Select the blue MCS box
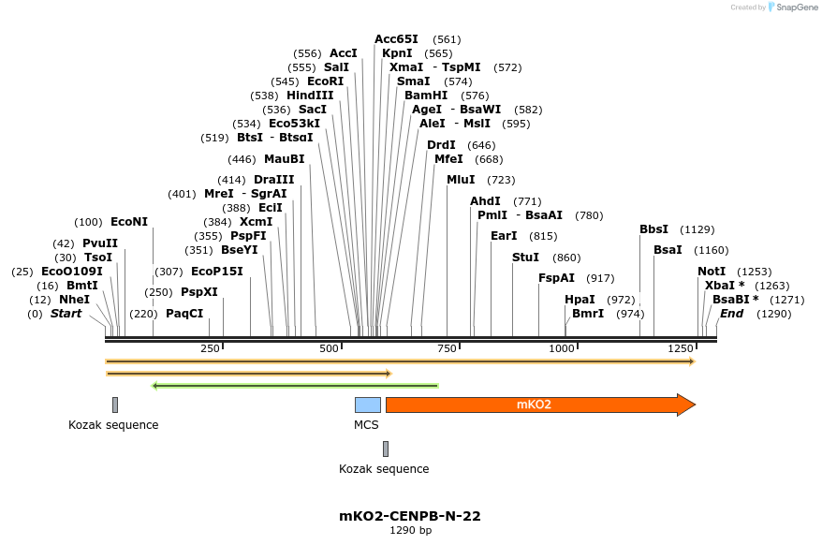[367, 405]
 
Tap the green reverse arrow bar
[295, 385]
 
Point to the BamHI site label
[426, 96]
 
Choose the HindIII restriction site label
[310, 96]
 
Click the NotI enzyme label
[712, 272]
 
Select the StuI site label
[525, 258]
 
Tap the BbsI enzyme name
[653, 229]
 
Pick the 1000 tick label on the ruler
[562, 348]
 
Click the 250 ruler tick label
[210, 348]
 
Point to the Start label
[66, 314]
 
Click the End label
[731, 314]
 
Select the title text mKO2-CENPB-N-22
[410, 516]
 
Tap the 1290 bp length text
[410, 531]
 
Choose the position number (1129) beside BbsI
[697, 229]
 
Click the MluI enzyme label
[461, 180]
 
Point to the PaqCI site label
[184, 314]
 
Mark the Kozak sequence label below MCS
[384, 469]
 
